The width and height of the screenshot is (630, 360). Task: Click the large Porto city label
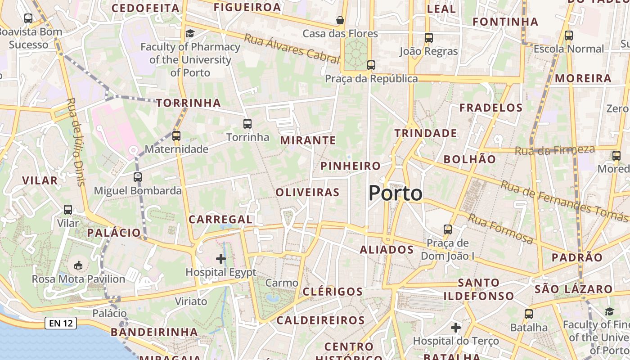(396, 193)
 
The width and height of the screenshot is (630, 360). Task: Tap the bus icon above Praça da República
(371, 65)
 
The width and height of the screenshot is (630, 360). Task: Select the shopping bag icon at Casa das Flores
(340, 20)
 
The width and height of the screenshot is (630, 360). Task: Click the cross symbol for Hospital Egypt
(221, 258)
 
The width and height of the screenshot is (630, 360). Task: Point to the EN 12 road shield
(60, 323)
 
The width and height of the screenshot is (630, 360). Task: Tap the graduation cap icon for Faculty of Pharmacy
(190, 34)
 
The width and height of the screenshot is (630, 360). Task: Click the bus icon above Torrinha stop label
(247, 123)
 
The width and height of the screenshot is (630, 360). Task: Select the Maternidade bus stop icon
(176, 135)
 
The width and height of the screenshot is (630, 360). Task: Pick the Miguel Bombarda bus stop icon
(138, 177)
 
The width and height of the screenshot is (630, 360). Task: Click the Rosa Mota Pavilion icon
(78, 265)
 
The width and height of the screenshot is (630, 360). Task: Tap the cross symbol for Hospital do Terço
(456, 327)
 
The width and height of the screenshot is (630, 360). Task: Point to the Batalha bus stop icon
(528, 314)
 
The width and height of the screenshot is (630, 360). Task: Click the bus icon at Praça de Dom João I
(448, 229)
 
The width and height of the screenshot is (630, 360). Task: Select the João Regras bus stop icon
(428, 38)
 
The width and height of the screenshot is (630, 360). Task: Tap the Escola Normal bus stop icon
(569, 35)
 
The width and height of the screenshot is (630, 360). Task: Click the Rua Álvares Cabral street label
(291, 48)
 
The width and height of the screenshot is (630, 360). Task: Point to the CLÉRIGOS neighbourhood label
(333, 292)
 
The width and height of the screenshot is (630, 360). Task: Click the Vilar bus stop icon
(68, 210)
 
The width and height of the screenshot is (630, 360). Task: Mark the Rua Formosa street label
(500, 229)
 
